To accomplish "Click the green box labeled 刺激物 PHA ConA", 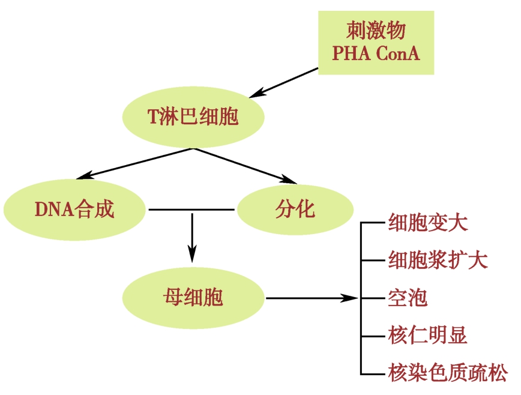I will click(376, 41).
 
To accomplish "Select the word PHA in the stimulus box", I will click(351, 53).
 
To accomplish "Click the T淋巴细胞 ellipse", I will click(193, 116).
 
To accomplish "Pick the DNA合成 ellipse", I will click(74, 210).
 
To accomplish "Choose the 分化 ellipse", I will click(294, 210).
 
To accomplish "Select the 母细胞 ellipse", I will click(193, 297).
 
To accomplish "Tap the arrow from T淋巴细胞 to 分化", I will click(246, 164).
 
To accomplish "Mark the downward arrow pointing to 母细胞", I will click(192, 237).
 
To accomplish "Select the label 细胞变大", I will click(427, 223).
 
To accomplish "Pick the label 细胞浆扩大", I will click(438, 261).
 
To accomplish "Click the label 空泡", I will click(408, 298).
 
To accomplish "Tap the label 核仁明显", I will click(427, 335).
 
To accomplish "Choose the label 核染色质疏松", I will click(447, 372).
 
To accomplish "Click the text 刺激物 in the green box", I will click(376, 30).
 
